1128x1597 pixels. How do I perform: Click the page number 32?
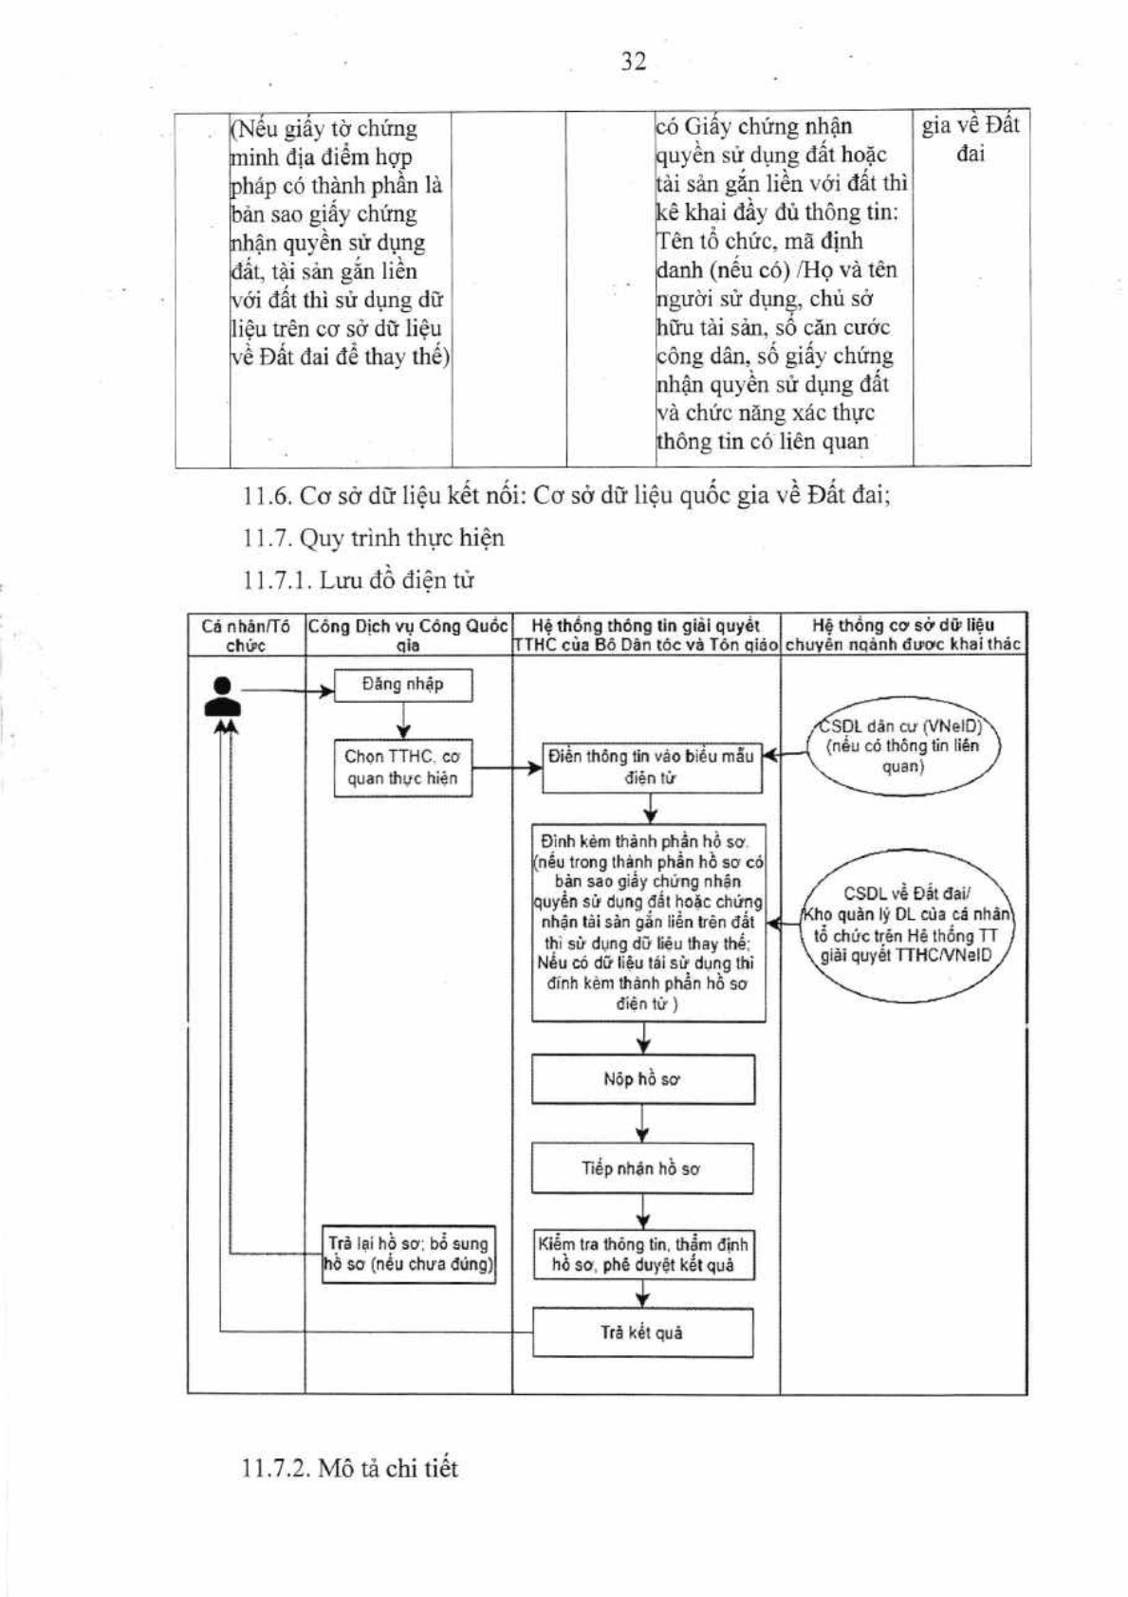tap(633, 62)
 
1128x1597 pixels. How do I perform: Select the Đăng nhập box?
tap(403, 685)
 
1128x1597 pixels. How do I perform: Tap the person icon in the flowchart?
tap(222, 696)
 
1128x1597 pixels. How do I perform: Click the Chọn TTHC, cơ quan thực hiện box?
tap(403, 767)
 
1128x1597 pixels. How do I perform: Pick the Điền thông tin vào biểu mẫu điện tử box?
tap(652, 768)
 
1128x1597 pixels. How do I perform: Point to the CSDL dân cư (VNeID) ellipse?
tap(903, 746)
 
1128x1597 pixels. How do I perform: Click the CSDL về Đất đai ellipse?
tap(906, 924)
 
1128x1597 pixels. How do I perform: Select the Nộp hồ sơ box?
tap(642, 1079)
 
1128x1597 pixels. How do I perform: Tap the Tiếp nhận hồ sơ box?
tap(641, 1168)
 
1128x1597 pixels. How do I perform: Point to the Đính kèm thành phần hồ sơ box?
tap(648, 924)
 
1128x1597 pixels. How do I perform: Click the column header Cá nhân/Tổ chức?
tap(246, 635)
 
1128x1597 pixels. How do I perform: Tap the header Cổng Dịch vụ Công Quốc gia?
tap(408, 635)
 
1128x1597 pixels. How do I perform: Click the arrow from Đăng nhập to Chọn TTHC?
tap(403, 721)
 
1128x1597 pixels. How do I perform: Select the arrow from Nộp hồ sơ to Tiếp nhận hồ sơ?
tap(643, 1125)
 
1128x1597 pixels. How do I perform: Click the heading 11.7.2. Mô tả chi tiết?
tap(350, 1468)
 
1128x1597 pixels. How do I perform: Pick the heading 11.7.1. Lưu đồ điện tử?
tap(359, 579)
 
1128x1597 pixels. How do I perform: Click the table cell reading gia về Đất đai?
tap(971, 138)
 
